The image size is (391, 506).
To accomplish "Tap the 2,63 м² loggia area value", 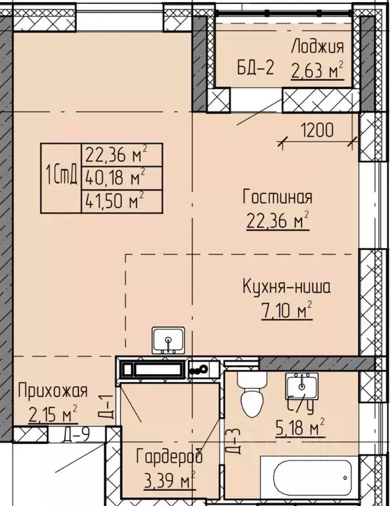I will [x=318, y=69].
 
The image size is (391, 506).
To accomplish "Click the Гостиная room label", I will [x=277, y=197].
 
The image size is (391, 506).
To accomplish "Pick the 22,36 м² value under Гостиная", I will [x=277, y=221].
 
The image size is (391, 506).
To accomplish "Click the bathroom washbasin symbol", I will [x=302, y=386].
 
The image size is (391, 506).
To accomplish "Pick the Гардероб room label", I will [x=169, y=457].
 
